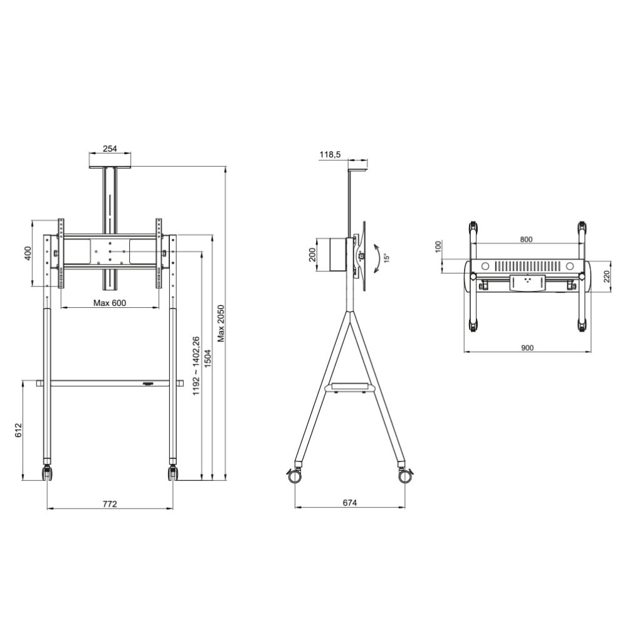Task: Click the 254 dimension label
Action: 110,149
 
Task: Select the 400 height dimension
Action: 27,253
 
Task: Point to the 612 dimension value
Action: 18,429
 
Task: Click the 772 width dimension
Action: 110,503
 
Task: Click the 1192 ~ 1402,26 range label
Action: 196,366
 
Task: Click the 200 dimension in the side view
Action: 312,254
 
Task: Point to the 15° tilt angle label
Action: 386,257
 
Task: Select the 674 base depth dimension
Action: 349,503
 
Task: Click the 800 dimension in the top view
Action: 526,239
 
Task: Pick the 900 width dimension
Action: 527,348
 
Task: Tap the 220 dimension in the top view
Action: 606,277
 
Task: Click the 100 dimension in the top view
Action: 439,246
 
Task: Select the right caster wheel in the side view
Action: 405,475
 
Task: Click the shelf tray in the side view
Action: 350,387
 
